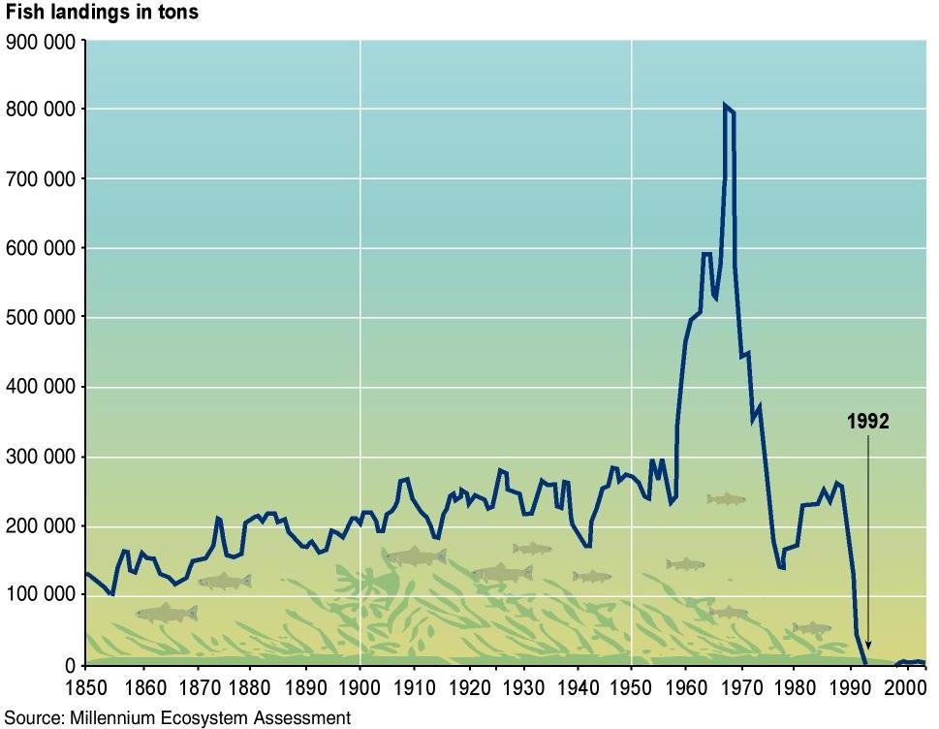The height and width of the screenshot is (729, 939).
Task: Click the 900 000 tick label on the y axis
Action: click(41, 41)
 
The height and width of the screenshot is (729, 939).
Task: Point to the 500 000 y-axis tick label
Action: click(41, 318)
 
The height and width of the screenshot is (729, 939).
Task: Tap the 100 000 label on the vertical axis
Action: click(41, 595)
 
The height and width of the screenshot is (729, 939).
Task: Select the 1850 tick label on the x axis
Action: click(86, 687)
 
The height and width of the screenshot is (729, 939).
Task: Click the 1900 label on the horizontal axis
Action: click(360, 687)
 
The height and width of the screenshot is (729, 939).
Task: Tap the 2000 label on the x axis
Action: click(905, 687)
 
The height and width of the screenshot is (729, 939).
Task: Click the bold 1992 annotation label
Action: click(867, 421)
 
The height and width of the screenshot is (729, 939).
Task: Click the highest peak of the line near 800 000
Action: click(725, 105)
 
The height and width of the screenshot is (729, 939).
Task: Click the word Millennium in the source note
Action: click(114, 717)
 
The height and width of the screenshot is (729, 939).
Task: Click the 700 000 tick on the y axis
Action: click(41, 179)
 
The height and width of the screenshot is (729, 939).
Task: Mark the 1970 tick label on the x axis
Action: click(740, 687)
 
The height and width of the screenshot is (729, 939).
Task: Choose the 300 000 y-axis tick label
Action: click(41, 457)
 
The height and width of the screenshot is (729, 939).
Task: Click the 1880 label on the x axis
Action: click(250, 687)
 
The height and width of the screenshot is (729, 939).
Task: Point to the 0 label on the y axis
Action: click(70, 665)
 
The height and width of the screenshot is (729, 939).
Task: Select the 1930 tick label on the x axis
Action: click(523, 687)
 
